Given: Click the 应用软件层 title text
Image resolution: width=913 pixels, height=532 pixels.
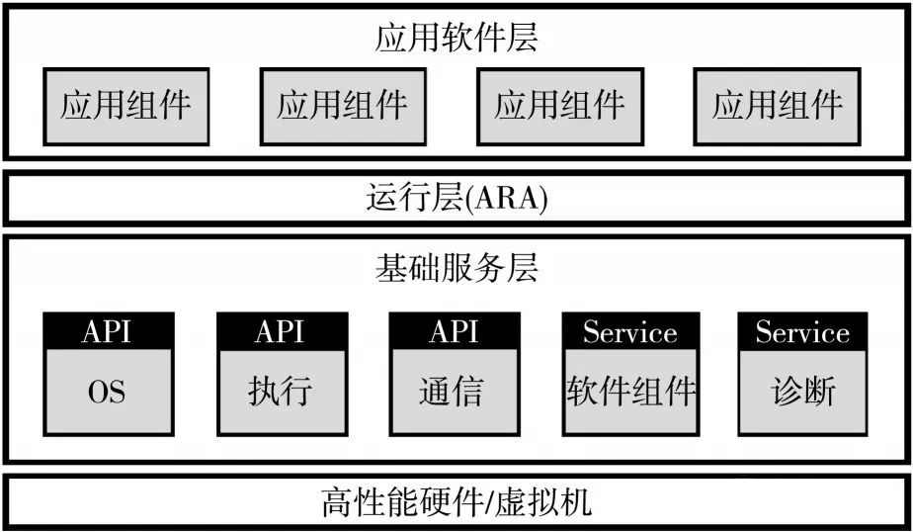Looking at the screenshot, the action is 456,39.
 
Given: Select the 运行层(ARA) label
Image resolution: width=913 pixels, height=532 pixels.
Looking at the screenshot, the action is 457,198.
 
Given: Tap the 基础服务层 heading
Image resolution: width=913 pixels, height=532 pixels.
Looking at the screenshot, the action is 456,268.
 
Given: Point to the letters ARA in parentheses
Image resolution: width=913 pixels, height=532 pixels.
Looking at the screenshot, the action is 508,198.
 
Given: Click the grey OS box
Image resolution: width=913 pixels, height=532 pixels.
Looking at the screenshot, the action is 109,392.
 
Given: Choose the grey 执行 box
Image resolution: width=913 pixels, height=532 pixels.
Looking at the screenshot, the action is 282,392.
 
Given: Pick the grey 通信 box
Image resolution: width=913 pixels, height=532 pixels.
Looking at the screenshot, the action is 455,392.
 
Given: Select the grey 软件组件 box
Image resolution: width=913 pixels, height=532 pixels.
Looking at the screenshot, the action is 630,392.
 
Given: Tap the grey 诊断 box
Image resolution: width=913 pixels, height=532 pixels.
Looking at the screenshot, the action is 802,392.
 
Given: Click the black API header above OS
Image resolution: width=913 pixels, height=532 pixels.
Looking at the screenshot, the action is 109,331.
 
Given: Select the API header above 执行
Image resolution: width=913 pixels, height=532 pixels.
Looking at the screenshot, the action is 282,331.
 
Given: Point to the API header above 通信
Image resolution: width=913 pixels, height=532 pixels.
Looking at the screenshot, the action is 455,331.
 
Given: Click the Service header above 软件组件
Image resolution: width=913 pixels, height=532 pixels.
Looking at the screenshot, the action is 630,331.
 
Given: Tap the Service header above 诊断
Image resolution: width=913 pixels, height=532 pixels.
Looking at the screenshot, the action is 802,331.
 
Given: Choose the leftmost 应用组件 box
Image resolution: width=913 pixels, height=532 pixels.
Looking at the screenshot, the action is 125,107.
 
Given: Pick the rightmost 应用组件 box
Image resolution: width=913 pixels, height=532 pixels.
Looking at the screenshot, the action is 777,107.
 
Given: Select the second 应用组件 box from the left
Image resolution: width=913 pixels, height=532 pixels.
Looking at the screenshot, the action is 343,107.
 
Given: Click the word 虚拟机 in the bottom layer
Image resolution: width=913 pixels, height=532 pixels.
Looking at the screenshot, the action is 543,502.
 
